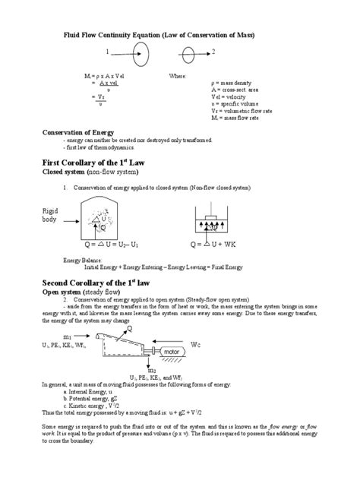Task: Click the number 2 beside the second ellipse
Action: pos(213,52)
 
